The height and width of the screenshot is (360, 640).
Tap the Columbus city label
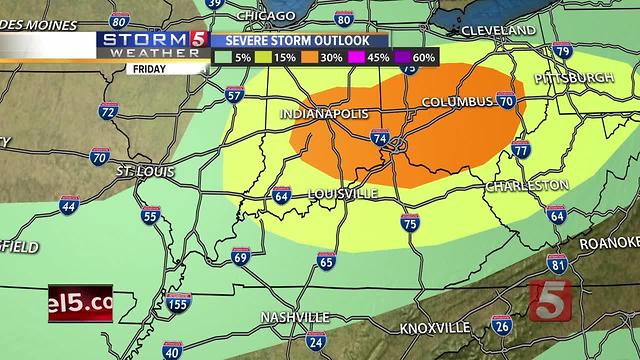coord(457,102)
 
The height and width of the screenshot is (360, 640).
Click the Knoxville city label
coord(433,328)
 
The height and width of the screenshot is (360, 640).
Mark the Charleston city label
coord(527,186)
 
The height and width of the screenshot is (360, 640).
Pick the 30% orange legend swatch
coord(331,58)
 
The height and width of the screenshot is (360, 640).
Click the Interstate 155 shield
coord(178,304)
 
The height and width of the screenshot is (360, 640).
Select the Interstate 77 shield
coord(520,150)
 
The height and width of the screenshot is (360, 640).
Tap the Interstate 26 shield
coord(502,324)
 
